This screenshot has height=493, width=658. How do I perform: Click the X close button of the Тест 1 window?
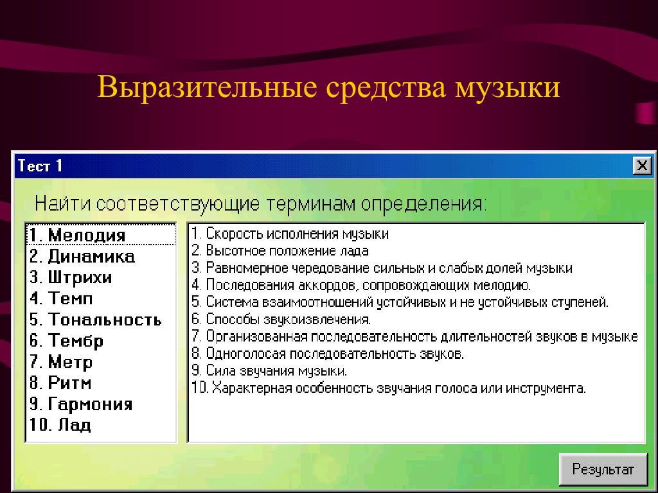click(x=642, y=166)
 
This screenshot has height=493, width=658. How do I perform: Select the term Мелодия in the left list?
click(x=77, y=235)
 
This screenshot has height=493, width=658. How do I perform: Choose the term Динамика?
click(x=82, y=256)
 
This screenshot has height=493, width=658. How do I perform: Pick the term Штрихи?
click(x=71, y=277)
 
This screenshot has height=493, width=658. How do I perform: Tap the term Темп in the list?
click(x=61, y=298)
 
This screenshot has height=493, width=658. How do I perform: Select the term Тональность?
click(x=96, y=320)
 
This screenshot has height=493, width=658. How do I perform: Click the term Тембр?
click(x=66, y=340)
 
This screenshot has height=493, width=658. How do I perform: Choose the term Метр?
click(x=61, y=361)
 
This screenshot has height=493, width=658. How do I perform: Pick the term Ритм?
click(x=60, y=383)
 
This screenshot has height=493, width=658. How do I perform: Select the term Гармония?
click(x=81, y=404)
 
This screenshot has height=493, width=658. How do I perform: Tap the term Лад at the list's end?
click(x=60, y=425)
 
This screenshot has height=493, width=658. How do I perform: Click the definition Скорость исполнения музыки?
click(x=290, y=234)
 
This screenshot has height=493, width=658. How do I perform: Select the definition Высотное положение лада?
click(x=280, y=251)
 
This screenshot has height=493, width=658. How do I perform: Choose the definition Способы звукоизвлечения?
click(x=281, y=320)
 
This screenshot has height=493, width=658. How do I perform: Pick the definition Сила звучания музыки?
click(x=269, y=370)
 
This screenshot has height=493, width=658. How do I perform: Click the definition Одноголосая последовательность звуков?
click(x=328, y=354)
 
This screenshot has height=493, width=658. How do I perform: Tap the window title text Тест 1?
click(x=40, y=166)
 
